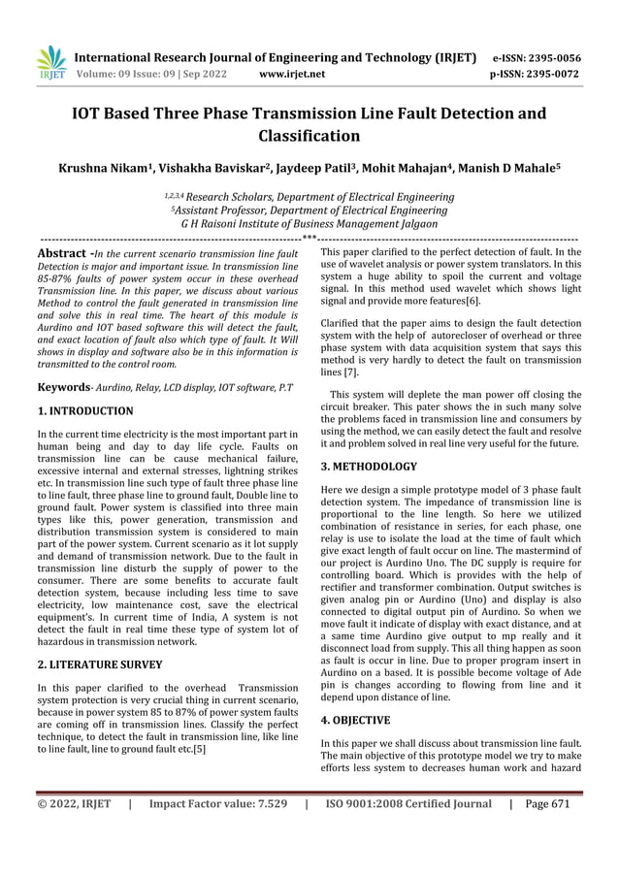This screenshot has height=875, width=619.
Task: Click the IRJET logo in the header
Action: click(51, 63)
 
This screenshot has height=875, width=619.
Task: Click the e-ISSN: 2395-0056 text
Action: click(537, 57)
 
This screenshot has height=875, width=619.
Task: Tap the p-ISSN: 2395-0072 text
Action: click(537, 74)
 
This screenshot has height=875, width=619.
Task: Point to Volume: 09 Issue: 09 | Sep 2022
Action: click(158, 74)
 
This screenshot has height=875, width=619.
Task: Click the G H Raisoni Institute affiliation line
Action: click(309, 223)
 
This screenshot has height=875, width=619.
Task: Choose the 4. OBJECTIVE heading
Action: click(355, 721)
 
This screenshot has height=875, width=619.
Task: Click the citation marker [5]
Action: click(199, 749)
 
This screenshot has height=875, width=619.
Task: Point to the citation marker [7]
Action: click(350, 372)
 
